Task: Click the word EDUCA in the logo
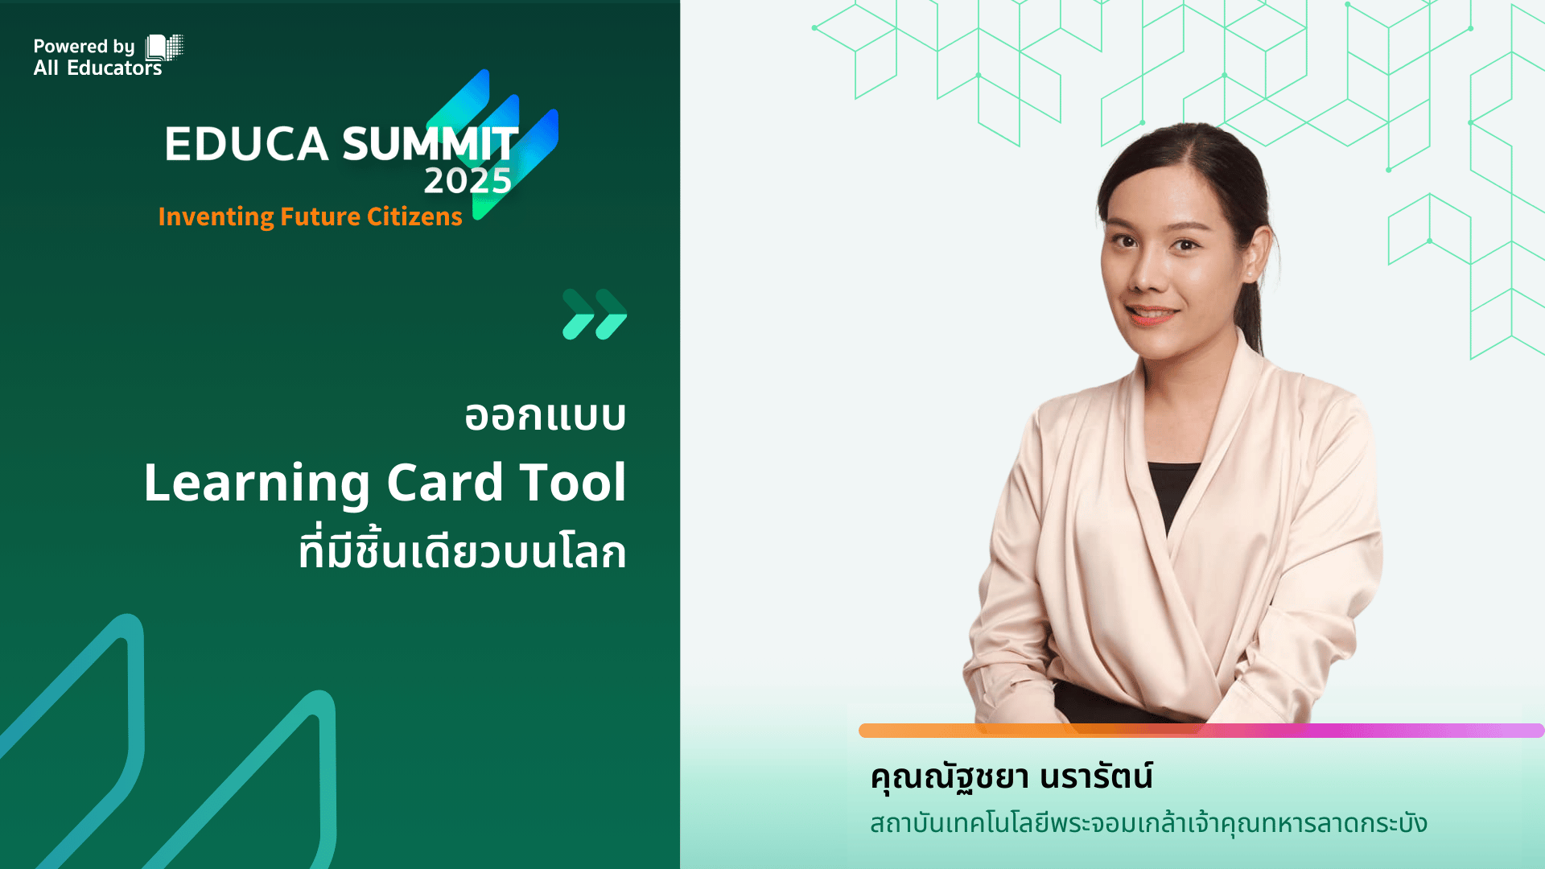coord(246,144)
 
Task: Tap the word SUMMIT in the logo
coord(431,144)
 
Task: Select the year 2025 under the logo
coord(468,181)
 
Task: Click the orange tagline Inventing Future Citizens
coord(310,216)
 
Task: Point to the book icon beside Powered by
coord(164,47)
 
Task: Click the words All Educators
coord(97,68)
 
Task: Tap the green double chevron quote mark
coord(595,314)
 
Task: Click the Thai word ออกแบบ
coord(546,416)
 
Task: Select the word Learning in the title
coord(257,484)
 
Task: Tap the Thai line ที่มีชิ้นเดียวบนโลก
coord(462,550)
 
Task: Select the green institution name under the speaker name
coord(1148,823)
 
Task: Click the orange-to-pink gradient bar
coord(1201,731)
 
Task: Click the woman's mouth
coord(1152,313)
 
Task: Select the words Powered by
coord(84,47)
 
